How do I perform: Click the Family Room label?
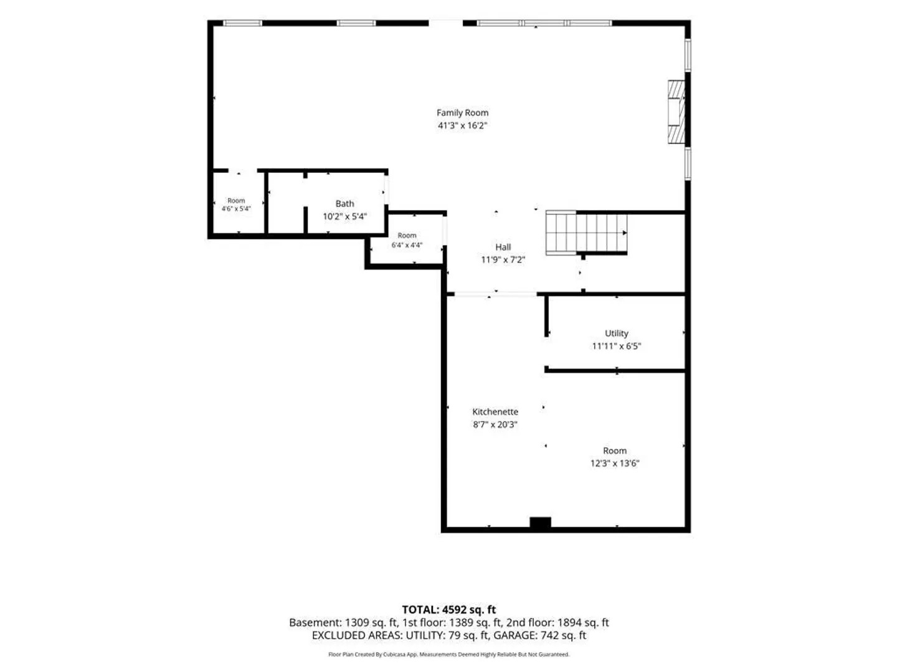pos(462,113)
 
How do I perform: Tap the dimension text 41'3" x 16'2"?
pos(462,125)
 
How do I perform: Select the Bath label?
pos(344,203)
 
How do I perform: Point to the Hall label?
pos(503,247)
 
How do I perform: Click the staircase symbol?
pos(586,233)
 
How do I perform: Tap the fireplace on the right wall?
pos(676,112)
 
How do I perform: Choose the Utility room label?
pos(616,334)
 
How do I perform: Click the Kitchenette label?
pos(495,412)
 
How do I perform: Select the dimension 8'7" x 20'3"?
pos(495,424)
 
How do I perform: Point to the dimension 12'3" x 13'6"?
pos(615,463)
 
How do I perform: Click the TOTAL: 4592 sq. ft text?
pos(448,610)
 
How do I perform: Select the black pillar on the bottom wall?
pos(540,523)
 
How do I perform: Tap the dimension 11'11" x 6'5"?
pos(616,346)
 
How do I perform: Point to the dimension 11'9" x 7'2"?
pos(503,259)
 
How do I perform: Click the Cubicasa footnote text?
pos(448,655)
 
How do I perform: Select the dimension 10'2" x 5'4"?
pos(344,217)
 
